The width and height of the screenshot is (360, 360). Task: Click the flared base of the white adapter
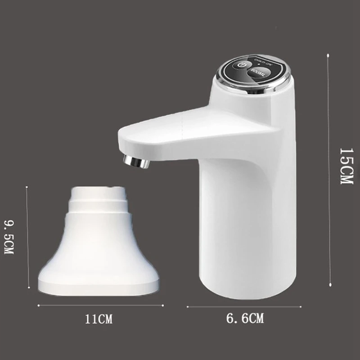[x=99, y=274]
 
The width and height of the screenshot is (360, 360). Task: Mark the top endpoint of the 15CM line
[x=328, y=55]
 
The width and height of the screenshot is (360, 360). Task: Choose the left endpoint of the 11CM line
[x=38, y=305]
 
